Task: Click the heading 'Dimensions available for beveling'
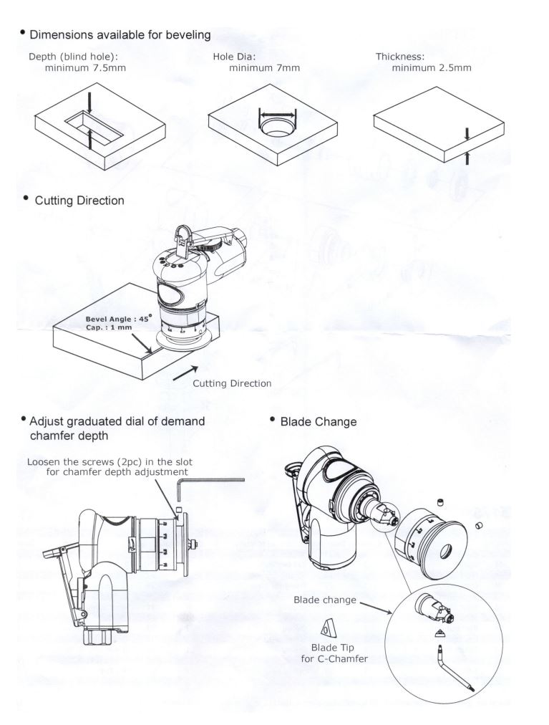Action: (x=120, y=34)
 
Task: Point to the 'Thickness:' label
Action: (x=400, y=57)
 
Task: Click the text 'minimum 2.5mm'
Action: (x=432, y=68)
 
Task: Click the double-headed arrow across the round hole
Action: (x=276, y=113)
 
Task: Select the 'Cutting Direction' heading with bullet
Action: (x=79, y=201)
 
